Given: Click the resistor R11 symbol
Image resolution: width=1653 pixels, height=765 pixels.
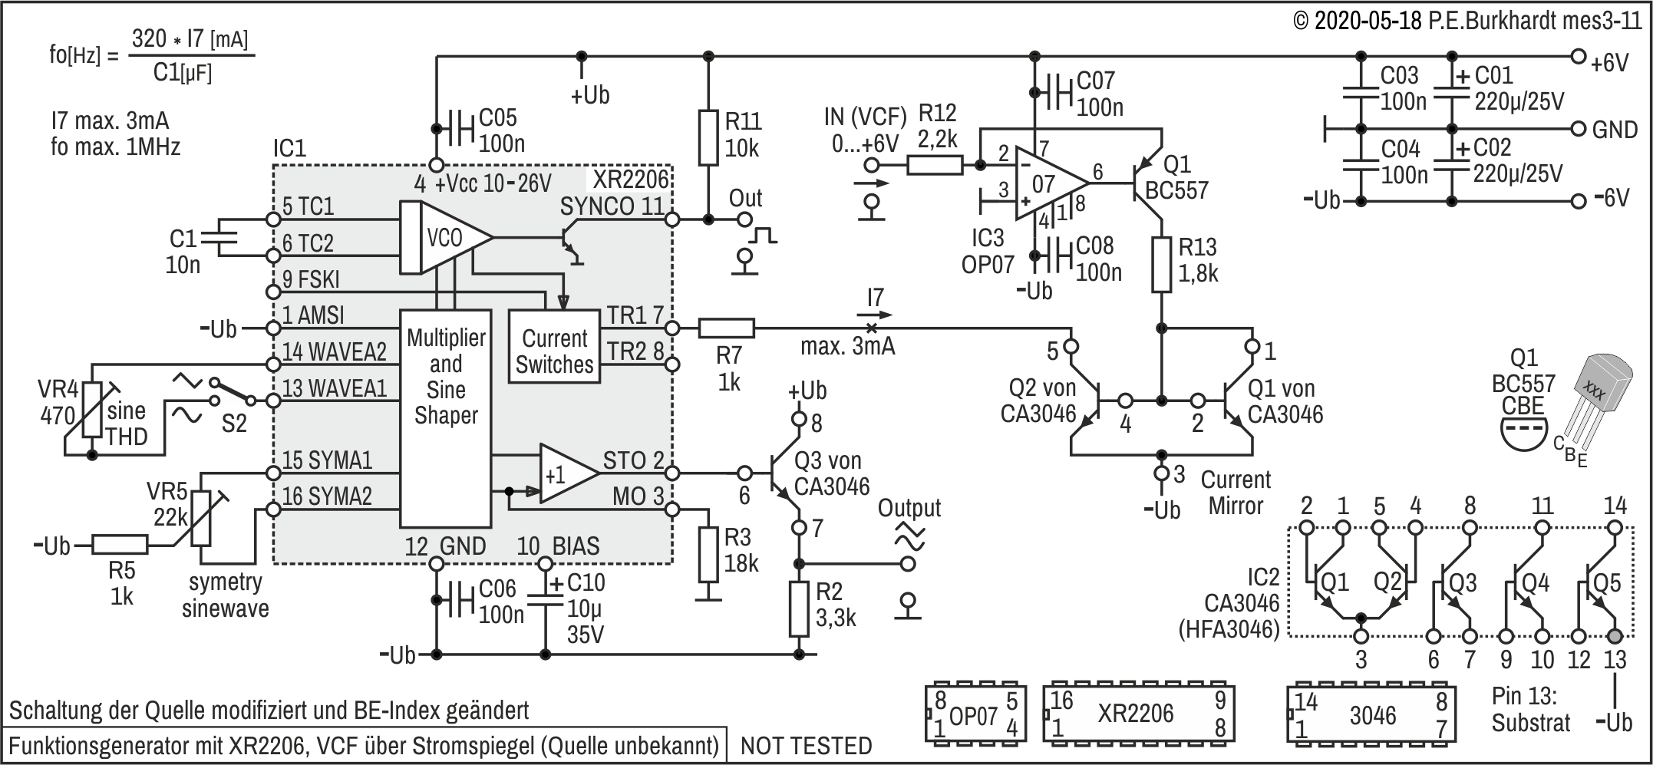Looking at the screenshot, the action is coord(708,138).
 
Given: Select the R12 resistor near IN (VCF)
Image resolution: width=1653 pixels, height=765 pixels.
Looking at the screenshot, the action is coord(935,165).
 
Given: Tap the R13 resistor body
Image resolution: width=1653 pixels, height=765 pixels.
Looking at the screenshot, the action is coord(1162,265).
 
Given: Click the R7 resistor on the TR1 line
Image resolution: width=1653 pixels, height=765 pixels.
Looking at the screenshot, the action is coord(726,328).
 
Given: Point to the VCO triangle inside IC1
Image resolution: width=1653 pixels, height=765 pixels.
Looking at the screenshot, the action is coord(445,238).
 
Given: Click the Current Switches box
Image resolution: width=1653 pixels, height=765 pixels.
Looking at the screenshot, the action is coord(553,346).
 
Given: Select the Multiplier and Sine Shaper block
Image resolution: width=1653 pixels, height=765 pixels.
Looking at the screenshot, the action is coord(445,419).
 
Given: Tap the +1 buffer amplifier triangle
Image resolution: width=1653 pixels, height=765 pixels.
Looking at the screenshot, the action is coord(568,473).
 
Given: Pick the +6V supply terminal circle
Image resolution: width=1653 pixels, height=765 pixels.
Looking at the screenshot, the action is coord(1578,57).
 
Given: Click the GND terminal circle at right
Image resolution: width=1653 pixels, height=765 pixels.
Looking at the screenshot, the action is coord(1578,128).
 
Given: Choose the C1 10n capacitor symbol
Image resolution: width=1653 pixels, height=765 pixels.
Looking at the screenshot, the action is coord(218,237).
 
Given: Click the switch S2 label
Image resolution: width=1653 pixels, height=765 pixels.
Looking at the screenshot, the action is coord(234,423).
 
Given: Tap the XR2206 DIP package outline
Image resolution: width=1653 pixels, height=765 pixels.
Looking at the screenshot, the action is coord(1138,714).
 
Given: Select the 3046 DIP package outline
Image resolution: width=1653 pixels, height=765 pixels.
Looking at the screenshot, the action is coord(1371,714).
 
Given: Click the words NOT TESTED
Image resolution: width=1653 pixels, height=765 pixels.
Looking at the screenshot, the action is coord(806,745).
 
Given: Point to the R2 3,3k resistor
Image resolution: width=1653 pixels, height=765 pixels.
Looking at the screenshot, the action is coord(799,609).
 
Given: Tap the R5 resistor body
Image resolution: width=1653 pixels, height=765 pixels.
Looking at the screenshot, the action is coord(120,546).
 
